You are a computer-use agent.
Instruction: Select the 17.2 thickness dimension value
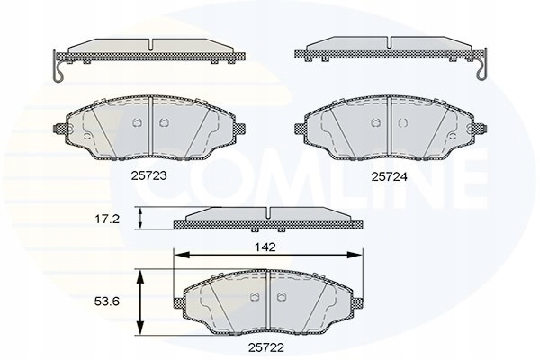pos(109,219)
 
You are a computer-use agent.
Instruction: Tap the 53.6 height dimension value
pos(109,302)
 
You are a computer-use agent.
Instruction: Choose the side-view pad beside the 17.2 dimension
pos(270,216)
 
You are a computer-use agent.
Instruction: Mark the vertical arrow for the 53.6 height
pos(140,302)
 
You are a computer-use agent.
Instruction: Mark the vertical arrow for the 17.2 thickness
pos(140,218)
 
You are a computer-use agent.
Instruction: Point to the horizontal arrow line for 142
pos(270,255)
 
